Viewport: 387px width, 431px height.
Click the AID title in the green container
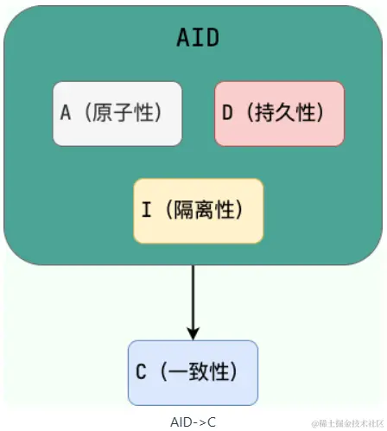coord(197,38)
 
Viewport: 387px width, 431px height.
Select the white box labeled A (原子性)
coord(117,113)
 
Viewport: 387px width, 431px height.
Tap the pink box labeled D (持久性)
coord(279,113)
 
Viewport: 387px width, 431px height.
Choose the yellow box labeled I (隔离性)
coord(198,210)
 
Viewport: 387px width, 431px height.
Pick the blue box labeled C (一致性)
coord(193,372)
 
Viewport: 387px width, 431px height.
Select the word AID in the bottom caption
coord(182,422)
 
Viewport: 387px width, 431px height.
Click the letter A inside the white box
coord(66,113)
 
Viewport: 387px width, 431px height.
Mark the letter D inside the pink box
coord(227,113)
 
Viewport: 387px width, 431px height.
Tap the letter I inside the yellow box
coord(146,210)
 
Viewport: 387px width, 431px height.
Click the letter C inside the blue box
coord(142,372)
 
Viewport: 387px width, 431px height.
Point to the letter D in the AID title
coord(213,38)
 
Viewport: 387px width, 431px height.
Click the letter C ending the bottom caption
coord(211,422)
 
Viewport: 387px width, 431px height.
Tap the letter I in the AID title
coord(198,38)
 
